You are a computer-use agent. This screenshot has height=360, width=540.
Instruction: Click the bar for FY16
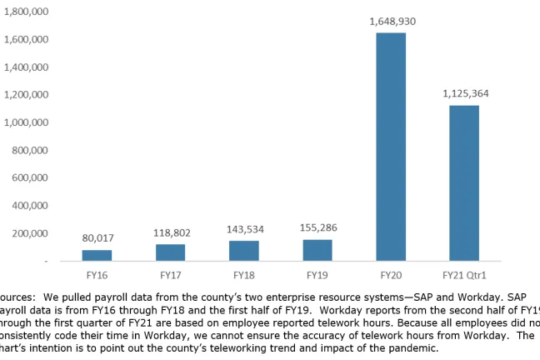pos(97,255)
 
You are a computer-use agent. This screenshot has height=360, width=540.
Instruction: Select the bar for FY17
pos(171,252)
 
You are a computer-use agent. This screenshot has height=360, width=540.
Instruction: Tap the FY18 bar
pos(244,251)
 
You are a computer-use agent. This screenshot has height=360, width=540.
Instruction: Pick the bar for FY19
pos(317,250)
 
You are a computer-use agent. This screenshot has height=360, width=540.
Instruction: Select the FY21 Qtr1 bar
pos(464,182)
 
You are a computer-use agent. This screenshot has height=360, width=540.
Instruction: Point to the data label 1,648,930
pos(392,21)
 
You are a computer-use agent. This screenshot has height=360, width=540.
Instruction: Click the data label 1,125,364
pos(465,93)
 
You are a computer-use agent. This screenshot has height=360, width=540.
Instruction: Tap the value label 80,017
pos(97,238)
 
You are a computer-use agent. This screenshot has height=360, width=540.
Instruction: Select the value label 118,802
pos(171,232)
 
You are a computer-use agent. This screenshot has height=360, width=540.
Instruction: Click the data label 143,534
pos(244,229)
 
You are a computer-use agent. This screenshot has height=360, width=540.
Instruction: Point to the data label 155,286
pos(317,227)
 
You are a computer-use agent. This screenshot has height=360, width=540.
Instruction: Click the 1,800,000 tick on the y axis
pos(24,12)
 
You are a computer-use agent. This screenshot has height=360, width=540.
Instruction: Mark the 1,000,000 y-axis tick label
pos(24,122)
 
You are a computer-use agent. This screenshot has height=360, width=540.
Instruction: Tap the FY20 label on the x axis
pos(391,274)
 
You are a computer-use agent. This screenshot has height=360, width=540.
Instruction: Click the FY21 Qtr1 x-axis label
pos(464,274)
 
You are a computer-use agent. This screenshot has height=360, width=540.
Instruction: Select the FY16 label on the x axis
pos(97,274)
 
